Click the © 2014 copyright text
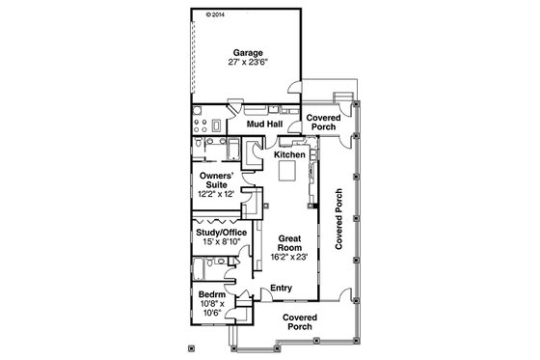(x=214, y=15)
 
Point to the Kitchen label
(x=289, y=154)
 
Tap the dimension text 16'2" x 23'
(x=290, y=256)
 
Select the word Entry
(x=281, y=288)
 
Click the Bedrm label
(x=212, y=294)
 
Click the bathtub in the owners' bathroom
(x=231, y=149)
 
